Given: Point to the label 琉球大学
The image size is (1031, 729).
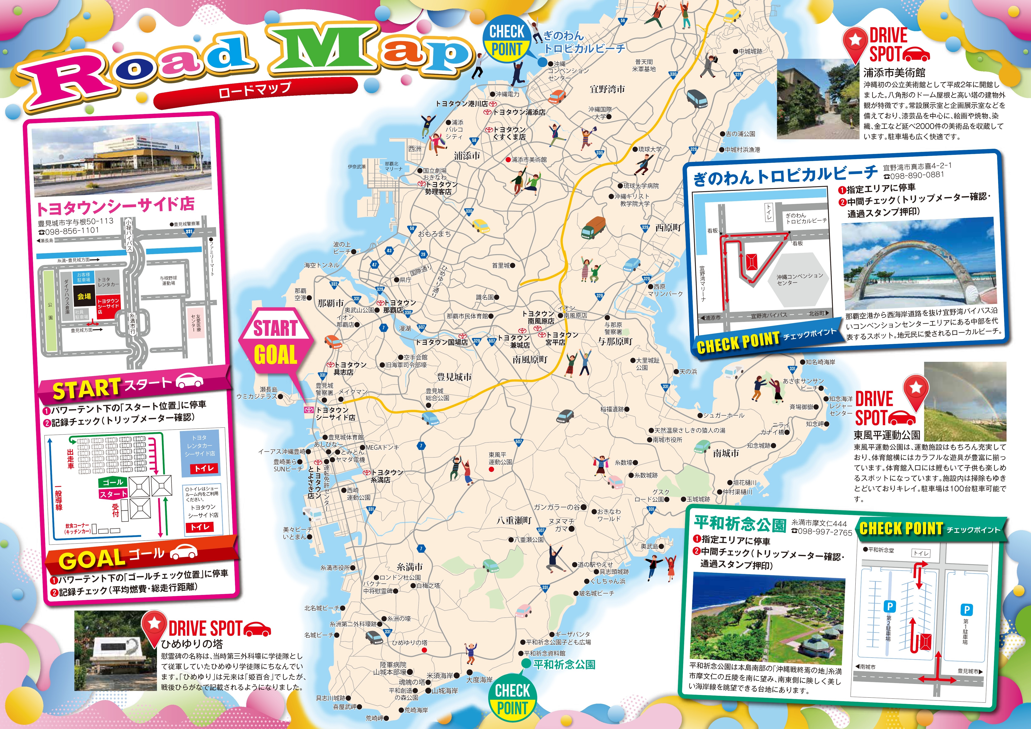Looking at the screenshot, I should [650, 149].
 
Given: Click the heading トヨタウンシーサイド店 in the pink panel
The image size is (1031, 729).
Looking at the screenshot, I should [115, 207].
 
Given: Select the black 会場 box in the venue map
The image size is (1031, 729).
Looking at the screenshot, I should [84, 296].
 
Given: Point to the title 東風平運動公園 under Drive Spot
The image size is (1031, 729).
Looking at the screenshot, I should [887, 435].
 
